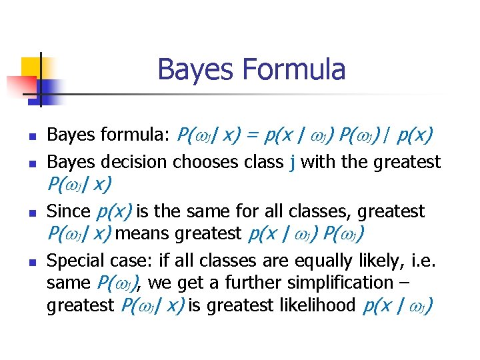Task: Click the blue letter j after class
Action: click(293, 162)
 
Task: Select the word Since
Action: click(68, 212)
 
